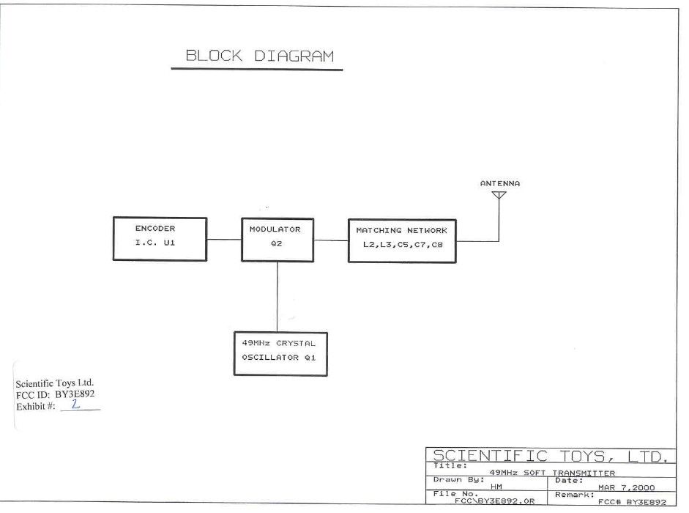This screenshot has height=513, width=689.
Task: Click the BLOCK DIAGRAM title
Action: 260,56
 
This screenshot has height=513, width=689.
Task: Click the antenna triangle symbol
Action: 499,195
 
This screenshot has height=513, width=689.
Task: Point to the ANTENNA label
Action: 499,183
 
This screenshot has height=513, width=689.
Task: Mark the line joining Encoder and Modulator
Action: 224,240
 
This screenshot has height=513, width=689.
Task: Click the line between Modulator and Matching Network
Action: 331,240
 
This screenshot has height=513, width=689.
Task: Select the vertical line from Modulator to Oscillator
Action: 278,297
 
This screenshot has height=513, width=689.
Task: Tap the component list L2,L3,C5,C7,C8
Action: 403,245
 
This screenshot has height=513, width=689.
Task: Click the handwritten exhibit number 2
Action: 75,404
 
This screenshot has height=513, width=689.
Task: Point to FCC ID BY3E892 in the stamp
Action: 56,394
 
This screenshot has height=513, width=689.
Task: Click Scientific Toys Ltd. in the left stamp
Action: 54,383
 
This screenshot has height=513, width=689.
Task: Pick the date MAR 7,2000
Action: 626,487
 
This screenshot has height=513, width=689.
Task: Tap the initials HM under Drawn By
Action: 496,487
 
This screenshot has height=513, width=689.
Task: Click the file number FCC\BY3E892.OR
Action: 495,501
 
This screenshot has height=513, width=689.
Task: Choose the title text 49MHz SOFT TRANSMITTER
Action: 552,473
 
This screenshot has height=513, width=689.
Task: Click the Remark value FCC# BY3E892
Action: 632,501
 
